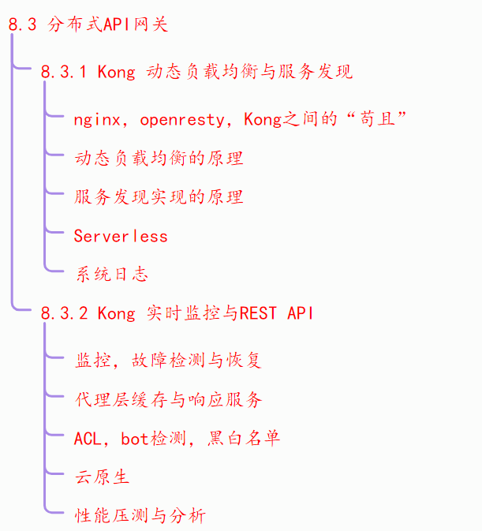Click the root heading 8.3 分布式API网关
88,24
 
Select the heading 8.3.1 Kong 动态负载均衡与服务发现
196,73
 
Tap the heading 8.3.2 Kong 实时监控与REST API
177,313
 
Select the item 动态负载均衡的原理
159,159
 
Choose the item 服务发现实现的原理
159,197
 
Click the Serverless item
121,236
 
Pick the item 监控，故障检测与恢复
168,361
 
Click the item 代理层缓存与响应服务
168,399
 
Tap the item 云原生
102,477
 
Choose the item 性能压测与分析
140,516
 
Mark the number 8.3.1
64,73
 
